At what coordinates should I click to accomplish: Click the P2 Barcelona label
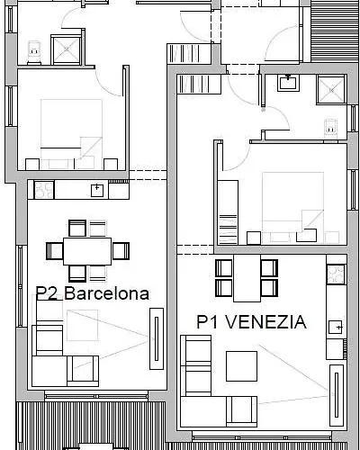[x=93, y=293]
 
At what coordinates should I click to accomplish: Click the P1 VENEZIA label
[x=251, y=322]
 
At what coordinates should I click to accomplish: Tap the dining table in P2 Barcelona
[x=87, y=251]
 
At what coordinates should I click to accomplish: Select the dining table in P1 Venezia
[x=247, y=278]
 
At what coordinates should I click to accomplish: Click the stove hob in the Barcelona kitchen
[x=44, y=190]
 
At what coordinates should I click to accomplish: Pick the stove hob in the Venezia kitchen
[x=336, y=274]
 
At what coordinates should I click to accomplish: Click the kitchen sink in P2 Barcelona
[x=97, y=191]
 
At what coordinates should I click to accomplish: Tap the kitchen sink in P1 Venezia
[x=336, y=327]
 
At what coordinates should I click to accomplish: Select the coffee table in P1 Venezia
[x=241, y=366]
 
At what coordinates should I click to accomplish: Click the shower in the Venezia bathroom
[x=331, y=90]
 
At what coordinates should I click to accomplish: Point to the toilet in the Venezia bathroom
[x=330, y=129]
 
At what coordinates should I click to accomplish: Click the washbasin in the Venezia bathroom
[x=288, y=83]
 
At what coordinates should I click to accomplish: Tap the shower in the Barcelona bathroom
[x=67, y=49]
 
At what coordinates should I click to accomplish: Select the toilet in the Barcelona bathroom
[x=34, y=52]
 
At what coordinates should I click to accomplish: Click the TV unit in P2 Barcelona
[x=157, y=338]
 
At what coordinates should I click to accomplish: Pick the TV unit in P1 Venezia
[x=337, y=395]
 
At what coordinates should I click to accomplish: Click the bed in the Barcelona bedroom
[x=71, y=134]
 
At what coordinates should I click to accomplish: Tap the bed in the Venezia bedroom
[x=292, y=207]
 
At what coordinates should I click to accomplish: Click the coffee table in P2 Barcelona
[x=82, y=325]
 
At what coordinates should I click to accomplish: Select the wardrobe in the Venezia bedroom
[x=228, y=212]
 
